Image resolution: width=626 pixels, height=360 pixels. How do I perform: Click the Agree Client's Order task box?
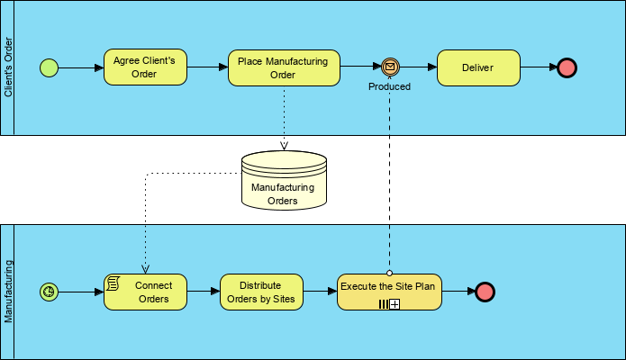click(145, 67)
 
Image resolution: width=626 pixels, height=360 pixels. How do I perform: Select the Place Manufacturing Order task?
click(283, 67)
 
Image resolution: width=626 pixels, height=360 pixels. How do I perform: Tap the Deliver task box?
click(478, 67)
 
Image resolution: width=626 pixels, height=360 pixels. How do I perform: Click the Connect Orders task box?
click(144, 292)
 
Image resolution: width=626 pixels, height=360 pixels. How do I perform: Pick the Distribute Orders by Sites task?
click(260, 292)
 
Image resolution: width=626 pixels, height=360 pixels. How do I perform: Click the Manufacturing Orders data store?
click(284, 181)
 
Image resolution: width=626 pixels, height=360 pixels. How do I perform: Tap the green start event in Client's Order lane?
click(49, 67)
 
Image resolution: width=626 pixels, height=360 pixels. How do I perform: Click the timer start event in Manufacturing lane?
click(49, 292)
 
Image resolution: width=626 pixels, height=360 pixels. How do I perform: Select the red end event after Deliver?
click(567, 67)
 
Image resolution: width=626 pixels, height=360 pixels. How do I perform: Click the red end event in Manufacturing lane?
click(485, 292)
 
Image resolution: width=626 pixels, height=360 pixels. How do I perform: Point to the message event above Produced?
click(389, 67)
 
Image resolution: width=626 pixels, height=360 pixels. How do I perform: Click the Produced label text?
click(389, 86)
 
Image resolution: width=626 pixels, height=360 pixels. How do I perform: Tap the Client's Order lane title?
click(8, 67)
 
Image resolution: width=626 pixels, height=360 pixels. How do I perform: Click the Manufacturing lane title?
click(8, 292)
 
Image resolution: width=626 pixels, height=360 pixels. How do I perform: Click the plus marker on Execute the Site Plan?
click(395, 304)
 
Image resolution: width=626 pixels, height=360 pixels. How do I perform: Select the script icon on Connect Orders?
click(113, 283)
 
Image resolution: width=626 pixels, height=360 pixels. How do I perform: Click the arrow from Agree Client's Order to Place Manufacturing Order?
click(207, 67)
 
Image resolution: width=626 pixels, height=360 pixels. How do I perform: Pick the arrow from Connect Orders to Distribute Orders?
click(203, 292)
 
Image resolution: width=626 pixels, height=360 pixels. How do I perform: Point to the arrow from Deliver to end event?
click(538, 67)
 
